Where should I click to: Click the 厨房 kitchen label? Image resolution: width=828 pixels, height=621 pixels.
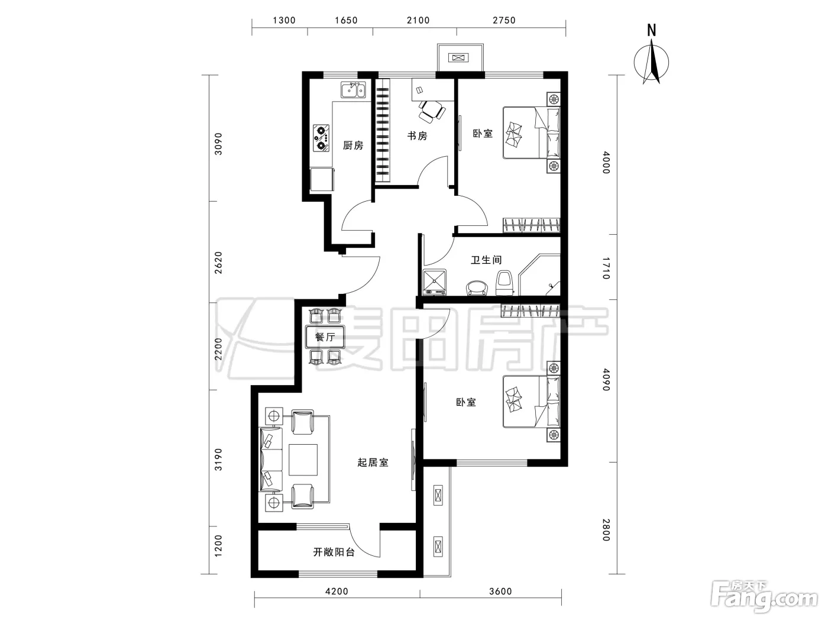click(x=352, y=145)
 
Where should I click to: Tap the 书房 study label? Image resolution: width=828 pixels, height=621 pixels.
click(x=417, y=136)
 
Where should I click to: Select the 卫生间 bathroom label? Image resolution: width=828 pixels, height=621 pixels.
click(x=486, y=260)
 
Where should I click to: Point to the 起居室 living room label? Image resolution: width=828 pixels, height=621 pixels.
click(x=373, y=462)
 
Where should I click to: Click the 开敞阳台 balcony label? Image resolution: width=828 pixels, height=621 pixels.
click(x=334, y=552)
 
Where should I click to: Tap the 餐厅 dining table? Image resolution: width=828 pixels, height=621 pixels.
click(x=325, y=337)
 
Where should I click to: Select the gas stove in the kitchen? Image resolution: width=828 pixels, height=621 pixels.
click(x=321, y=138)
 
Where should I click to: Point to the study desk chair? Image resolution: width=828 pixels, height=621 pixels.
click(x=431, y=111)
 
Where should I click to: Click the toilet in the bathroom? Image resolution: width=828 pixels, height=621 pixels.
click(x=504, y=283)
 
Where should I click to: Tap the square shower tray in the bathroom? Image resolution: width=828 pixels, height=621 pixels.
click(x=435, y=282)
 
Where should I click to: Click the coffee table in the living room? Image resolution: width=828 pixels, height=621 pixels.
click(x=303, y=460)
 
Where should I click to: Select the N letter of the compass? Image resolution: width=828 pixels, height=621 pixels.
click(x=652, y=30)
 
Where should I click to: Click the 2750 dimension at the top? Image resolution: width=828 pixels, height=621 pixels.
click(x=504, y=20)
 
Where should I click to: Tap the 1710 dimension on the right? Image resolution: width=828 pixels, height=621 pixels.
click(x=606, y=268)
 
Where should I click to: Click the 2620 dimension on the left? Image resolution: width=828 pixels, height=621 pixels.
click(x=218, y=263)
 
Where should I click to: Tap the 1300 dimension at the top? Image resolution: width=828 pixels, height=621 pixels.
click(x=284, y=20)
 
